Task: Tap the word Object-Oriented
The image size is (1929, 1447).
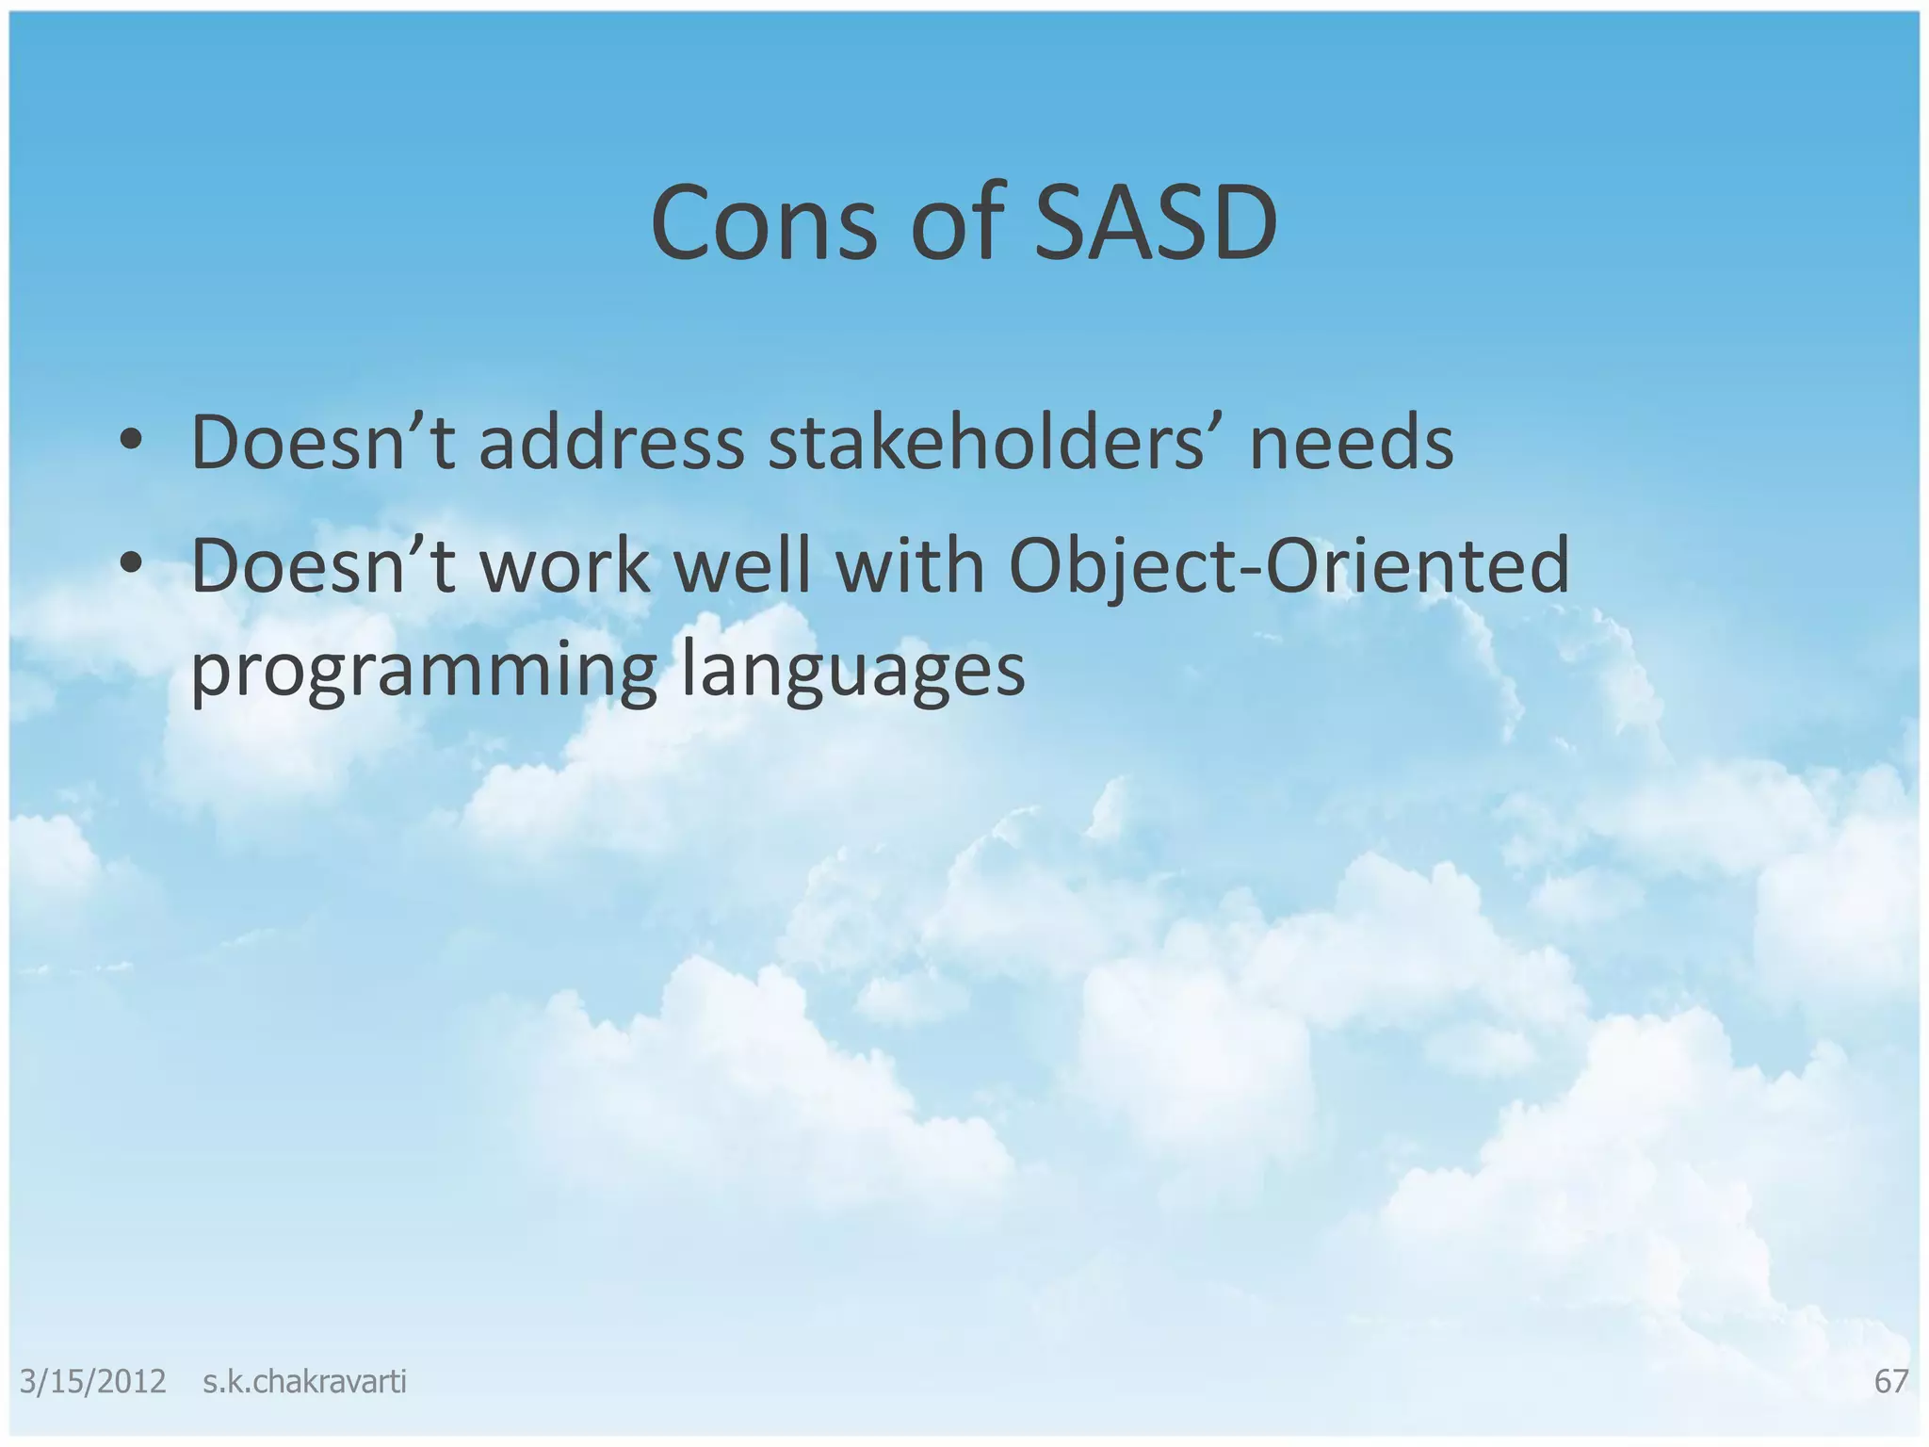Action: point(1289,567)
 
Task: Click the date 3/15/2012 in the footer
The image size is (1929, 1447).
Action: point(92,1382)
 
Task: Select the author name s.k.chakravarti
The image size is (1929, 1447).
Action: point(304,1382)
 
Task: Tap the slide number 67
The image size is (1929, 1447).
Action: point(1890,1382)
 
